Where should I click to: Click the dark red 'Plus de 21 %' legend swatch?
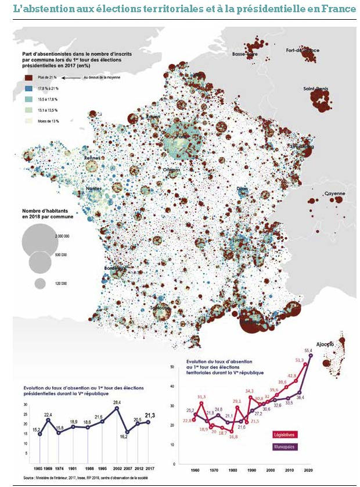click(27, 77)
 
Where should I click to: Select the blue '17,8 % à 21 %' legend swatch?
click(27, 88)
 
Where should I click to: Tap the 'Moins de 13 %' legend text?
click(49, 120)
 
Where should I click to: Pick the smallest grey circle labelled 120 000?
click(40, 284)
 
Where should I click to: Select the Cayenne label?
click(334, 194)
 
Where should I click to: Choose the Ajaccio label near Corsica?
click(325, 345)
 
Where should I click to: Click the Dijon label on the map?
click(242, 189)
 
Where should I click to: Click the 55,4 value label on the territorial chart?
click(308, 350)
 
